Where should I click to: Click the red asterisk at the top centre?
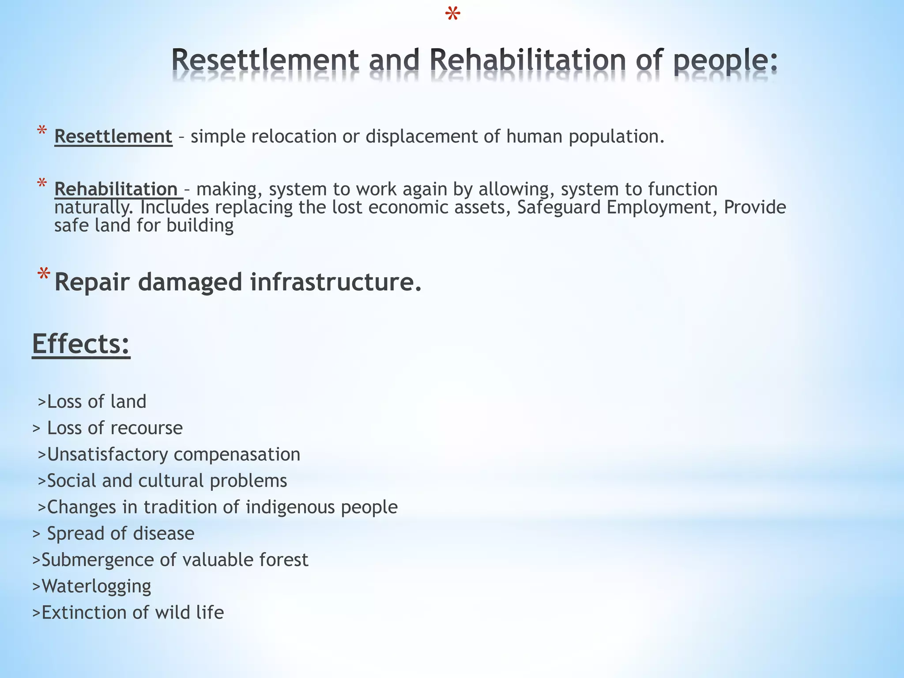pos(453,15)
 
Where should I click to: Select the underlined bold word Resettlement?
pos(113,136)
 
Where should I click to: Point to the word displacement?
pos(421,136)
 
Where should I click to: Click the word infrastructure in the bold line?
pos(336,282)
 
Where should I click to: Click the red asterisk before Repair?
pos(43,275)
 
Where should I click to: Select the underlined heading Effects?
pos(81,344)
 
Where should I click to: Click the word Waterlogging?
pos(96,587)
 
